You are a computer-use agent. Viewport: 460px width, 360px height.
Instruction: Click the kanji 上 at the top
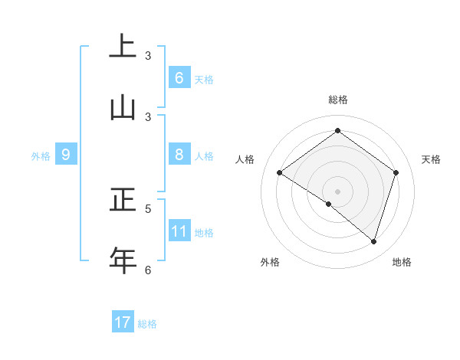123,46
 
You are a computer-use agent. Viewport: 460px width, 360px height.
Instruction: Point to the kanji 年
123,260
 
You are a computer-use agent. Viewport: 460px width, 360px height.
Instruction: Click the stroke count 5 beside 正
148,208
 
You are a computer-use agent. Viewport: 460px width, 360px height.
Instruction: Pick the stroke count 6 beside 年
148,270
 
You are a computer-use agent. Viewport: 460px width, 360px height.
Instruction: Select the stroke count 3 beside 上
148,56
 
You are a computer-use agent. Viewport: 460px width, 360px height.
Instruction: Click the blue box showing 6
179,78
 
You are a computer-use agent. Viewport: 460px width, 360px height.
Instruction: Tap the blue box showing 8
179,155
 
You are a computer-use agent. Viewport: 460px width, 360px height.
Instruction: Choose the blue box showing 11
179,231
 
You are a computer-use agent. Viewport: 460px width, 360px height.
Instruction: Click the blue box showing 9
66,155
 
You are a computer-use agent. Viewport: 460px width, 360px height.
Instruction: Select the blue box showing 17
123,322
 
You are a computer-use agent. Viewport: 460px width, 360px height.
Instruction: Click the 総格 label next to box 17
147,324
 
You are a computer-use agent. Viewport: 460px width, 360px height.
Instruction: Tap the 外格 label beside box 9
41,156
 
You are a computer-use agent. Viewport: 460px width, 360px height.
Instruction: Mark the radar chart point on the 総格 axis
337,131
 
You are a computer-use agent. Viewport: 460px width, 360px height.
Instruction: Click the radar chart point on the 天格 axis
396,172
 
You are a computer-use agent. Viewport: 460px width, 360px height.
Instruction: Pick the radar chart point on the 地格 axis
373,241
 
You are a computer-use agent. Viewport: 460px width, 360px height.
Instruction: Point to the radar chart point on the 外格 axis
329,204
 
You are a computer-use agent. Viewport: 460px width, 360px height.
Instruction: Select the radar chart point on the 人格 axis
279,172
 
